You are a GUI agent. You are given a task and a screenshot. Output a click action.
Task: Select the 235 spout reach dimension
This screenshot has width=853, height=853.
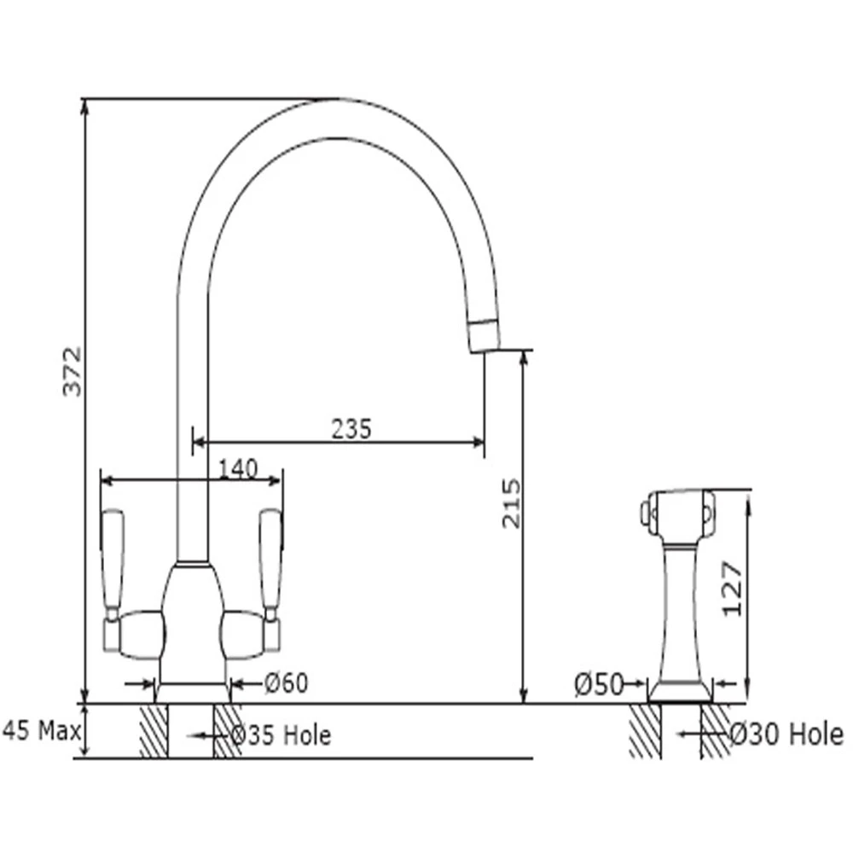click(351, 428)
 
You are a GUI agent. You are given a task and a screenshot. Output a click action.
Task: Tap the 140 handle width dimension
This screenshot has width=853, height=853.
click(238, 469)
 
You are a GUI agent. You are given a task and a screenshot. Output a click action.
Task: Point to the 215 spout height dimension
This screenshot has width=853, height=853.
click(510, 503)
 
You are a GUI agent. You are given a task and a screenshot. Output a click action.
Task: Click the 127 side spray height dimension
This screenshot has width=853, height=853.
click(730, 589)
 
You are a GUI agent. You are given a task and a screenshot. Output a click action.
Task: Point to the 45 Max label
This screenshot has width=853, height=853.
click(41, 731)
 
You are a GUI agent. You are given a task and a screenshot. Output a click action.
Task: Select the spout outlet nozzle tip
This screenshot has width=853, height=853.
click(485, 334)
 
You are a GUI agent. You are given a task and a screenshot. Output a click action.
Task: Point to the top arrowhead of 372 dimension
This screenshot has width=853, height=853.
click(84, 107)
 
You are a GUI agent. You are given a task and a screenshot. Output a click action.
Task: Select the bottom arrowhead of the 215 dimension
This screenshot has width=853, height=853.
click(523, 697)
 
